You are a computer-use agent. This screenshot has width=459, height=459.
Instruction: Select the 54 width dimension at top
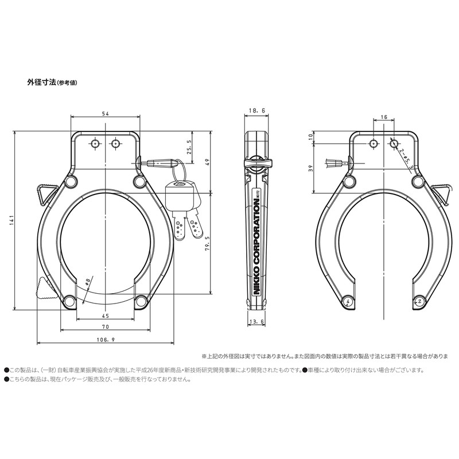pyautogui.click(x=106, y=114)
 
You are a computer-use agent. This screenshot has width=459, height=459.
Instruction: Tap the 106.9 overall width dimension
pyautogui.click(x=105, y=340)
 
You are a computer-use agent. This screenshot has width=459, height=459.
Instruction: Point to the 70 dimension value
pyautogui.click(x=106, y=326)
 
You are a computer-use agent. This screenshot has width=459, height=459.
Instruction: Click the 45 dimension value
pyautogui.click(x=106, y=315)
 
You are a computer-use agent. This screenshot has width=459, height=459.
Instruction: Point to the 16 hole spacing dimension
pyautogui.click(x=383, y=117)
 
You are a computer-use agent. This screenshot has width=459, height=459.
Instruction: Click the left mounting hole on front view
pyautogui.click(x=95, y=143)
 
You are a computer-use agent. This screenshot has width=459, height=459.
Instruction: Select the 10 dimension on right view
pyautogui.click(x=310, y=137)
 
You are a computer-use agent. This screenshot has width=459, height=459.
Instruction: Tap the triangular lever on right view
pyautogui.click(x=439, y=193)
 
